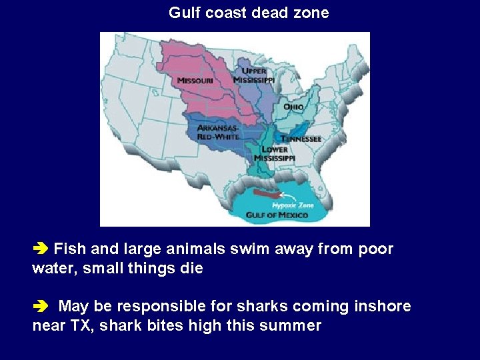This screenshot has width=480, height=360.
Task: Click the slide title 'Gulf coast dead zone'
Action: pos(249,13)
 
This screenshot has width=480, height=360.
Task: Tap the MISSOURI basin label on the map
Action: pos(195,81)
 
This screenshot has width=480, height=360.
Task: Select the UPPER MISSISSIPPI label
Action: pos(254,75)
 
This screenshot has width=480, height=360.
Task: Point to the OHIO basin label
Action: pos(293,107)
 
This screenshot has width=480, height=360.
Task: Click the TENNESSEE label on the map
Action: pos(301,139)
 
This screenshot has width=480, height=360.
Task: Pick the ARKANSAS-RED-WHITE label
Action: pos(218,132)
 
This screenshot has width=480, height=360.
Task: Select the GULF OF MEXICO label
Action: pos(277,215)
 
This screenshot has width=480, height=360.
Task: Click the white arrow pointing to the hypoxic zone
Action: pos(287,195)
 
